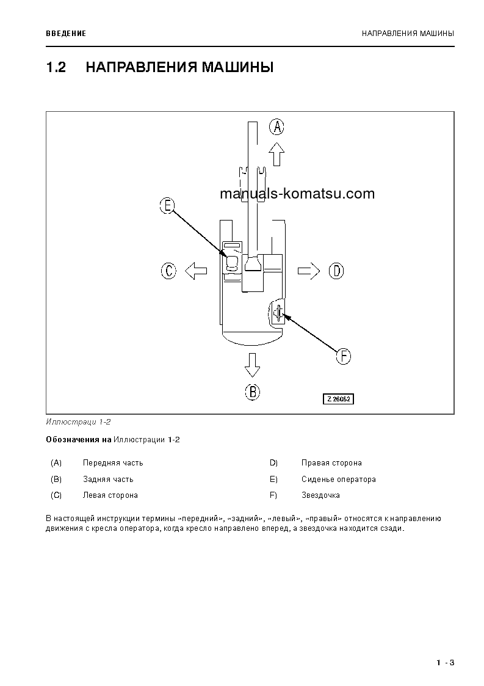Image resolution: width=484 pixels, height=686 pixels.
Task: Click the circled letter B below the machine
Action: click(253, 391)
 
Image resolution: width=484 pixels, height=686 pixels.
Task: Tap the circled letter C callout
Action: click(169, 271)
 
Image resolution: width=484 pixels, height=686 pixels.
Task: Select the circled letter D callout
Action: click(336, 271)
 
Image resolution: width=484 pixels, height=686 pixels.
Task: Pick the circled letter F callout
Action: click(344, 356)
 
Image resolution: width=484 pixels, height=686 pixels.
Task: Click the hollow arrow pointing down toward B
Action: click(252, 364)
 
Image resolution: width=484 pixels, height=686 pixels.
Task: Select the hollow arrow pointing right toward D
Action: click(309, 271)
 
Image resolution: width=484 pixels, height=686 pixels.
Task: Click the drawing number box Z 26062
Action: click(339, 399)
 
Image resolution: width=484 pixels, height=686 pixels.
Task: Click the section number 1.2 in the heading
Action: click(56, 67)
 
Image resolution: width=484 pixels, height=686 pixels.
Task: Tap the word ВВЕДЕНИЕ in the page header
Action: click(66, 33)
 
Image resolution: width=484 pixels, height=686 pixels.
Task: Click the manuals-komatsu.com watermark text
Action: click(297, 194)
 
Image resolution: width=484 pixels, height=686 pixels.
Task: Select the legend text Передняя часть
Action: click(113, 463)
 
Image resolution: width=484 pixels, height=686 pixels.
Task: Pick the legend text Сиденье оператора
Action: click(338, 480)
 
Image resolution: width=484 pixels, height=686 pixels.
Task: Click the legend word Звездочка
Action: click(320, 495)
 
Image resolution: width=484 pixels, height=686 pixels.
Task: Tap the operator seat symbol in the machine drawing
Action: click(232, 263)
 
